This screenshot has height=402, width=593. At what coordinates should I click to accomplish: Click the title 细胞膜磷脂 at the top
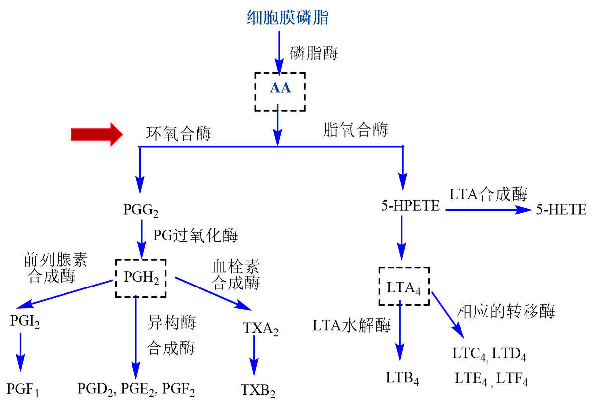pos(288,18)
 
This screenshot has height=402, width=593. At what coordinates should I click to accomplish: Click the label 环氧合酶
pos(179,134)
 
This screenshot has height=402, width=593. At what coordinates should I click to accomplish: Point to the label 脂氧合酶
pos(355,130)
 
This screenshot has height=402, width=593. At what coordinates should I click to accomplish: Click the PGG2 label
pos(140,210)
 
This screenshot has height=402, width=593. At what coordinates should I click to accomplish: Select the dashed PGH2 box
pos(141,279)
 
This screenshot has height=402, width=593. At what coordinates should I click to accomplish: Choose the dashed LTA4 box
pos(404,287)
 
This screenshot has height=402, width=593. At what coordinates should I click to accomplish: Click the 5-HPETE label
pos(410,206)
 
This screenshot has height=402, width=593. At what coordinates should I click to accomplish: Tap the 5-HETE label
pos(561,210)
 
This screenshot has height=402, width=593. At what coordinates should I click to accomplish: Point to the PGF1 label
pos(23,388)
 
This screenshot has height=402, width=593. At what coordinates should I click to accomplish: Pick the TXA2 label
pos(261,328)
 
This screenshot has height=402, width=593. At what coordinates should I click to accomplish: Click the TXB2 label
pos(258,388)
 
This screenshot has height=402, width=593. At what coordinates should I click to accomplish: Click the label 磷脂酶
pos(314,53)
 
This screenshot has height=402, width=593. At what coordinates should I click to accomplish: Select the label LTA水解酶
pos(351,325)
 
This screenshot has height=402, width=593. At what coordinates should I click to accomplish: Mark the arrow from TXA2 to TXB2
pos(254,358)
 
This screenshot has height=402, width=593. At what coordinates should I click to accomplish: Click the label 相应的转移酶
pos(505,311)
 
